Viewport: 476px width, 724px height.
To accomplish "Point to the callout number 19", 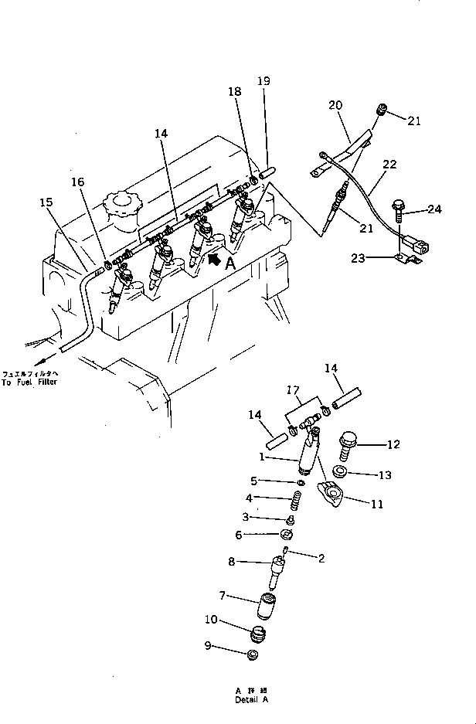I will click(x=263, y=80).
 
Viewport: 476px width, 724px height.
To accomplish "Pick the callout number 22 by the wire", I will click(x=389, y=164).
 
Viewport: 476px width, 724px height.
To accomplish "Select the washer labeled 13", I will click(x=339, y=471).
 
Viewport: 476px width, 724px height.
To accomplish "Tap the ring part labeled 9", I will click(x=253, y=655).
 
